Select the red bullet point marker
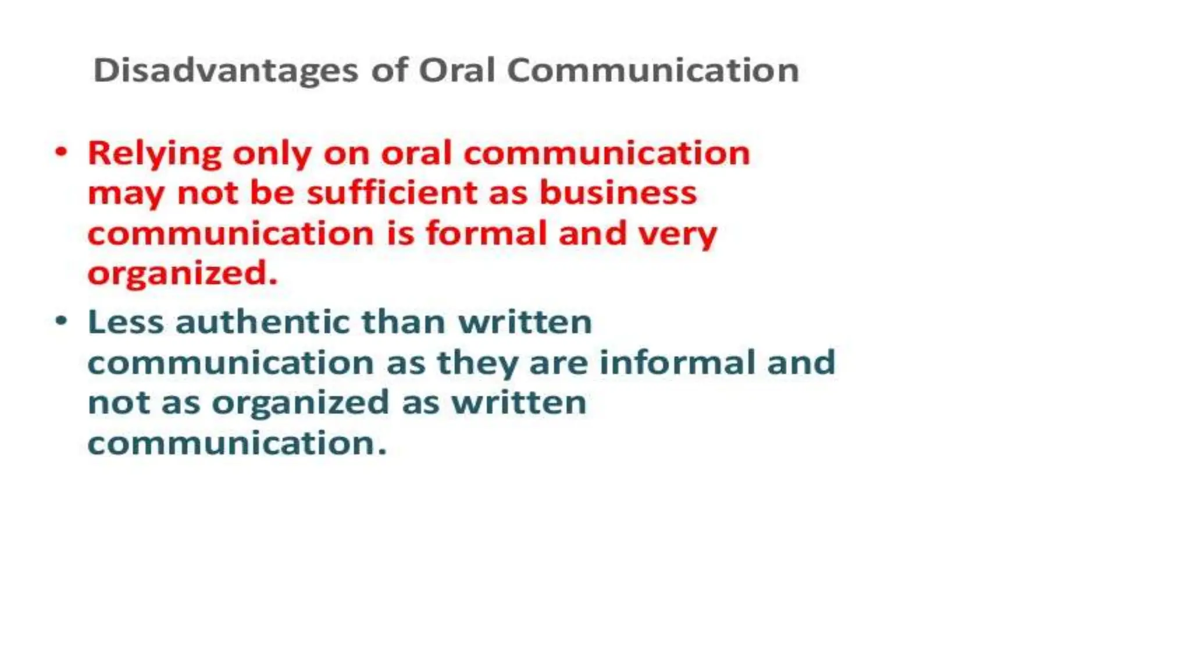pos(62,152)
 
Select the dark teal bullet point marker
pos(62,321)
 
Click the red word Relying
pos(155,155)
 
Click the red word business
pos(618,193)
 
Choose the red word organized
pos(181,273)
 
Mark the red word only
pos(272,155)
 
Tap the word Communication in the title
pos(652,71)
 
